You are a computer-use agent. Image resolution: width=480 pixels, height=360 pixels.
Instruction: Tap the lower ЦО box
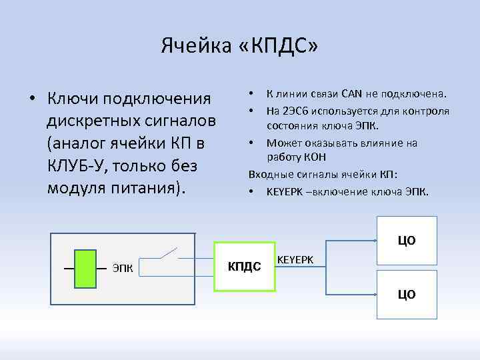pyautogui.click(x=407, y=294)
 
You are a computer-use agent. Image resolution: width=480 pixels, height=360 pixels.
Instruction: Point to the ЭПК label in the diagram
pyautogui.click(x=123, y=269)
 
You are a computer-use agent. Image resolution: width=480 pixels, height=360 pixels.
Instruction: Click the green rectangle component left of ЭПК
pyautogui.click(x=85, y=269)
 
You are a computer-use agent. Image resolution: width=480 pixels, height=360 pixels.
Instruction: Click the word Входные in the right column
pyautogui.click(x=269, y=175)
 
